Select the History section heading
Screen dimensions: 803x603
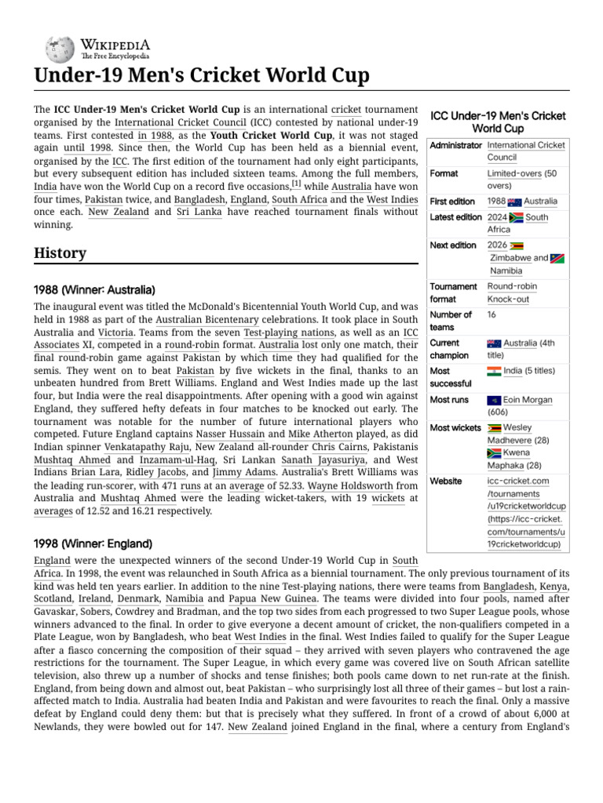[x=60, y=253]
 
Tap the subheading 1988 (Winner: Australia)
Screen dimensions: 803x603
[x=94, y=290]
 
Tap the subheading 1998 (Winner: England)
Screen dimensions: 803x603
[x=93, y=543]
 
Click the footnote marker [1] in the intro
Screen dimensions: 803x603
[x=296, y=183]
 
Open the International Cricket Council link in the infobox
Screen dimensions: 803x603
[x=526, y=151]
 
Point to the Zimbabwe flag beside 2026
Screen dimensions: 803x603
[x=517, y=245]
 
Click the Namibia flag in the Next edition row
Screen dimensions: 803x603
[x=557, y=258]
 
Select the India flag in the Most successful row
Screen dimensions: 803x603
[x=494, y=371]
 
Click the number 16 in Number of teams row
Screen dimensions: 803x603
[x=492, y=315]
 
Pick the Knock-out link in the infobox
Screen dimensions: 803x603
[x=508, y=300]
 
